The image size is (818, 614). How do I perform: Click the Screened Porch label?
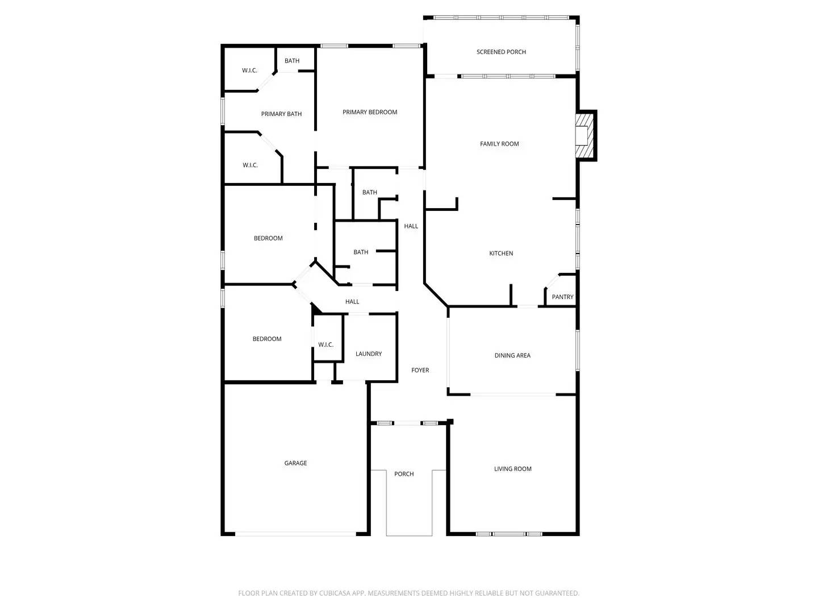coord(501,52)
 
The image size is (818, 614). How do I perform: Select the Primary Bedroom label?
coord(370,113)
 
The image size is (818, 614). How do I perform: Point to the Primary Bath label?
coord(281,114)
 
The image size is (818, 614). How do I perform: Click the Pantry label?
coord(562,297)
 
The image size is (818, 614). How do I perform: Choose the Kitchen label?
coord(501,254)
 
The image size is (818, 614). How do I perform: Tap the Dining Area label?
coord(512,356)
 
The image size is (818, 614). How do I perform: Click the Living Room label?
coord(512,469)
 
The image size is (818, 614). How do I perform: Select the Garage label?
coord(295,463)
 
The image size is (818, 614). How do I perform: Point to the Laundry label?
coord(369,354)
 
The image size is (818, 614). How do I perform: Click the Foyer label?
coord(420,371)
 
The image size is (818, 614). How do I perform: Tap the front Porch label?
coord(404,474)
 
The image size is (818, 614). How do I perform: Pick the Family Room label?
coord(499,144)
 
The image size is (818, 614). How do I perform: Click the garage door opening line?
coord(295,534)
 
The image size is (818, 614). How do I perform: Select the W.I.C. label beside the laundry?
coord(325,345)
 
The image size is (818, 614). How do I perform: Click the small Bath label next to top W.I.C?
coord(292,61)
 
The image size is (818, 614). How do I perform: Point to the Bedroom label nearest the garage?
coord(267,339)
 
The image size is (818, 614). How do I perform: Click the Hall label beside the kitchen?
coord(411,226)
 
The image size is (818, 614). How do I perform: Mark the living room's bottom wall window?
coord(509,534)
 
